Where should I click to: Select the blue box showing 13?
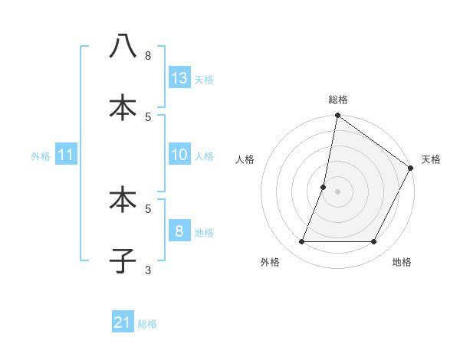coord(179,77)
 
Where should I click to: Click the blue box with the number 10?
coord(179,155)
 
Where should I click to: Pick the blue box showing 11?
coord(66,155)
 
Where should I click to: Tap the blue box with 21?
coord(123,322)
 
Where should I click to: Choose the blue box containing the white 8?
coord(179,231)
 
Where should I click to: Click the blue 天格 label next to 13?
coord(204,79)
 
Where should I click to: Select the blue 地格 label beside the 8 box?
coord(204,233)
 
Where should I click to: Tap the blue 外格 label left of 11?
coord(41,156)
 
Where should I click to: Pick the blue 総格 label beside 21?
coord(147,324)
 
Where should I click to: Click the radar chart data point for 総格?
coord(337,116)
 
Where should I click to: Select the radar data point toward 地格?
coord(374,242)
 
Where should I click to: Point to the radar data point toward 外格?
coord(301,242)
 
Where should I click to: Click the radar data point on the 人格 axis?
coord(324,187)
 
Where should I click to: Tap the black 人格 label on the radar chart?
coord(245,159)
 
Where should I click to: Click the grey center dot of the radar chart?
coord(337,191)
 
